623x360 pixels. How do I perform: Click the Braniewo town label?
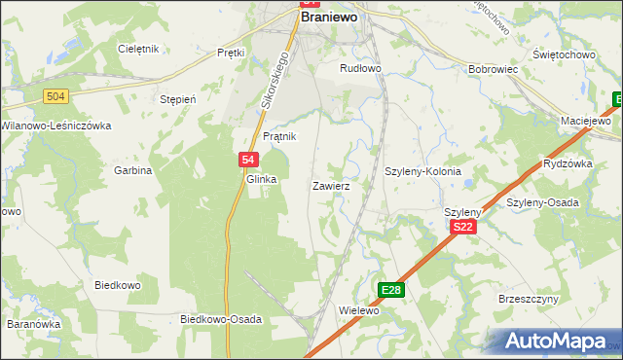tap(330, 18)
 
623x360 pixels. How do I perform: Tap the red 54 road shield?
tap(248, 160)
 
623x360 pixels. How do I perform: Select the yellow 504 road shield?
tap(55, 95)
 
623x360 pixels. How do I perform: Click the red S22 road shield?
tap(464, 227)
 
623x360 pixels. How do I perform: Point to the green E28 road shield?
tap(391, 290)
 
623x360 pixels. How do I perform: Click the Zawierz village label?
tap(331, 185)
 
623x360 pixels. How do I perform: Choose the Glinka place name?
tap(262, 180)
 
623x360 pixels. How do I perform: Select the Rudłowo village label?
tap(359, 68)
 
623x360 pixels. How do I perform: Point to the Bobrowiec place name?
tap(491, 70)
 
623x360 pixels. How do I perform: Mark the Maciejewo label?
tap(585, 121)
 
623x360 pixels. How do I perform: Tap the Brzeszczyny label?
tap(526, 300)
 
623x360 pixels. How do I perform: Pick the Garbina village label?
tap(134, 170)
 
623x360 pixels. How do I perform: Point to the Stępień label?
tap(178, 99)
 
